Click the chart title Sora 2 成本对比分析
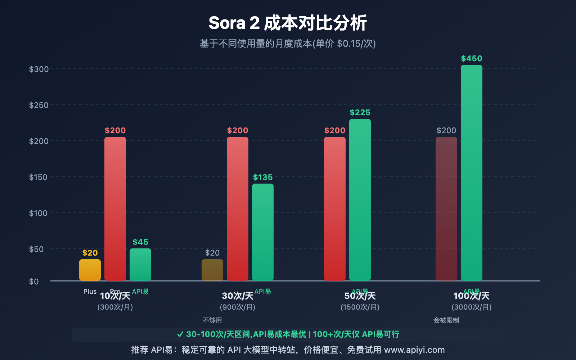tap(288, 23)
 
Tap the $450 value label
tap(471, 58)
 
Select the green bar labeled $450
tap(471, 173)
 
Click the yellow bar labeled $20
tap(90, 270)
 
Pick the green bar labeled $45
tap(140, 265)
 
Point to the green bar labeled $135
tap(263, 232)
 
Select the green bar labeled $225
tap(360, 200)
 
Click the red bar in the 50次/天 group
tap(335, 209)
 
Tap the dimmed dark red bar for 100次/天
tap(446, 209)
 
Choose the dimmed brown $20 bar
tap(212, 270)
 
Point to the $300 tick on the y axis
tap(39, 69)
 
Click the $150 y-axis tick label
tap(39, 177)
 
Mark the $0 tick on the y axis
tap(34, 282)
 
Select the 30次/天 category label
tap(238, 296)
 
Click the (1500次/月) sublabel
tap(360, 307)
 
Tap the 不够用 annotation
tap(212, 320)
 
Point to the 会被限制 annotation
tap(446, 320)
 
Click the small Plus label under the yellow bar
tap(90, 291)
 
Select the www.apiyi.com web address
tap(414, 350)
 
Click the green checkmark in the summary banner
tap(180, 334)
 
